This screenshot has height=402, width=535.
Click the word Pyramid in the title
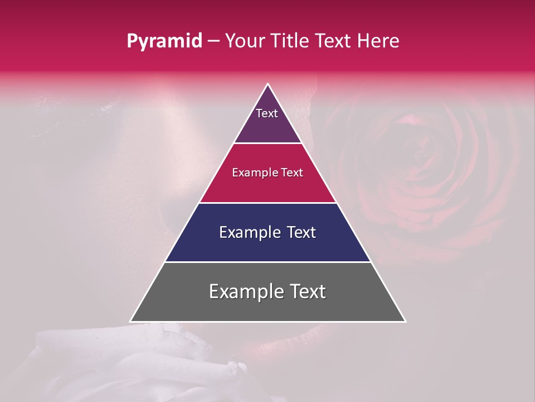(164, 41)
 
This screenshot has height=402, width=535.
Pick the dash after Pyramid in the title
(213, 41)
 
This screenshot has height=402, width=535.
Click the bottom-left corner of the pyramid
(132, 320)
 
